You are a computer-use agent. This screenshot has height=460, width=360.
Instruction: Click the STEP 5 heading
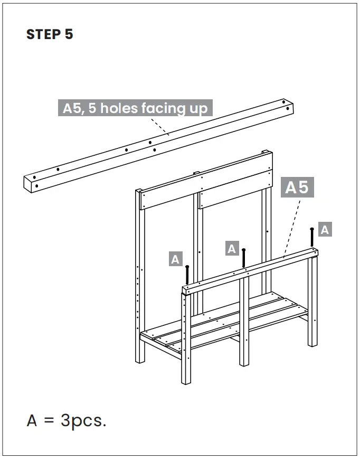point(50,35)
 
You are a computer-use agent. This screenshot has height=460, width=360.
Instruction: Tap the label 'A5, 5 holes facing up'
point(136,108)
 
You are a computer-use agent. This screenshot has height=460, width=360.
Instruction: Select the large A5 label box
point(297,187)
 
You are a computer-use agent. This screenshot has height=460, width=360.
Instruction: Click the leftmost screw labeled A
point(187,274)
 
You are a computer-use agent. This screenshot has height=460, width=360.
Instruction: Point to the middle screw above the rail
point(244,257)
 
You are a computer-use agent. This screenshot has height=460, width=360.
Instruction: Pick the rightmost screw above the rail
point(312,237)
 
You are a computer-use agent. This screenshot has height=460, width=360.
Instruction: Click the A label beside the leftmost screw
point(175,259)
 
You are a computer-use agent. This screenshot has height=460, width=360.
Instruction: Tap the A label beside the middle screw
point(232,248)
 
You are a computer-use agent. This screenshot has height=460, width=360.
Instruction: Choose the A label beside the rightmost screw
point(325,230)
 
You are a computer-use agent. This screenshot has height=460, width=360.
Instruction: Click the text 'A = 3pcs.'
point(67,421)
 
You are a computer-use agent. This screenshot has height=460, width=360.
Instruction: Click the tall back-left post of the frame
point(140,275)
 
